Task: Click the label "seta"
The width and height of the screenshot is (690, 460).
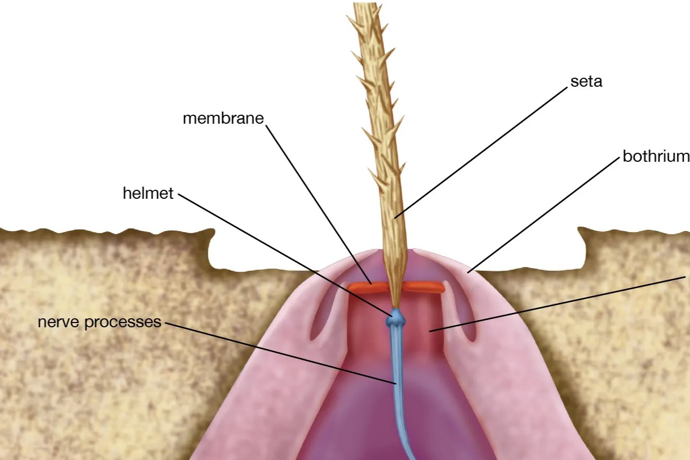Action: (x=586, y=81)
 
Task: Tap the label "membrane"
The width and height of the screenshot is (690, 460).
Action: (x=223, y=118)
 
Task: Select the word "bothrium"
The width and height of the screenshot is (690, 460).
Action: (x=656, y=157)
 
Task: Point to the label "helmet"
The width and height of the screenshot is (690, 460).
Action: (x=148, y=194)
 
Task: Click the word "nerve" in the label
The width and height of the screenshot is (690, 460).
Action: (x=59, y=321)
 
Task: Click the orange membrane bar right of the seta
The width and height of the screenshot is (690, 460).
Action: (x=425, y=287)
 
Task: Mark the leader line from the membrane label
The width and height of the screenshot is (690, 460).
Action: (x=317, y=201)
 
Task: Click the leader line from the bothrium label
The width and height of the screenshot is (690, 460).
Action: (x=545, y=214)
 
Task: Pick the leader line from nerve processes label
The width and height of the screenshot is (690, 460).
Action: (x=280, y=352)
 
